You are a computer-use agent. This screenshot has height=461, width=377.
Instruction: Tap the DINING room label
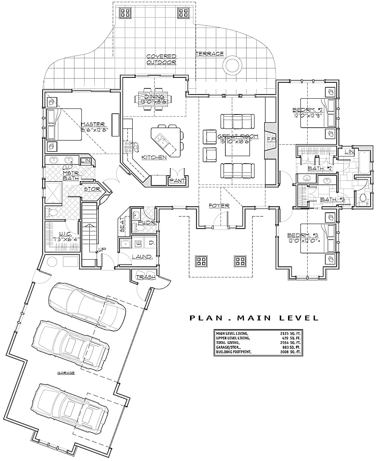[x=152, y=97]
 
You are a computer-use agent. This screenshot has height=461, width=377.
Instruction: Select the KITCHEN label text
[x=154, y=157]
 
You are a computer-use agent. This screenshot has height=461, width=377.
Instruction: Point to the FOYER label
[x=219, y=206]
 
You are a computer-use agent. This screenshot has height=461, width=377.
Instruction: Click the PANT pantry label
[x=177, y=181]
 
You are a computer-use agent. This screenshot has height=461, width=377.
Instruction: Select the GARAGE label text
[x=66, y=373]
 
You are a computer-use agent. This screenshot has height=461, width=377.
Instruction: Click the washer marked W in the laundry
[x=138, y=243]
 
